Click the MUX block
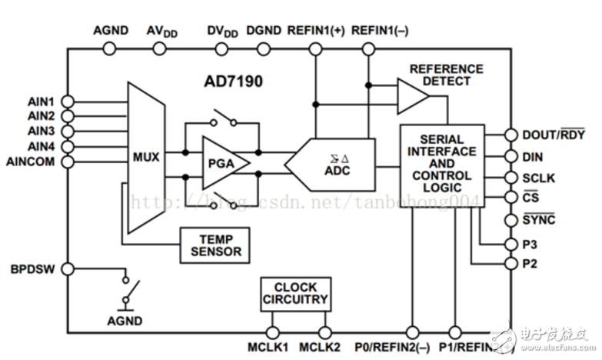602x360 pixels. click(146, 157)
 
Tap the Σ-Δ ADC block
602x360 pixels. click(331, 164)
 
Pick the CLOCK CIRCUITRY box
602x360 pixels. click(294, 293)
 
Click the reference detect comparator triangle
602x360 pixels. click(412, 95)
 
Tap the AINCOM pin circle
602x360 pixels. click(68, 162)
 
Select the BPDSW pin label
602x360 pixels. click(33, 269)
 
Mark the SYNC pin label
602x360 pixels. click(539, 220)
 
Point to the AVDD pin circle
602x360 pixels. click(159, 48)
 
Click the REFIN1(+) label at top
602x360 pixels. click(314, 32)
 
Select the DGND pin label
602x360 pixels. click(264, 32)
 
